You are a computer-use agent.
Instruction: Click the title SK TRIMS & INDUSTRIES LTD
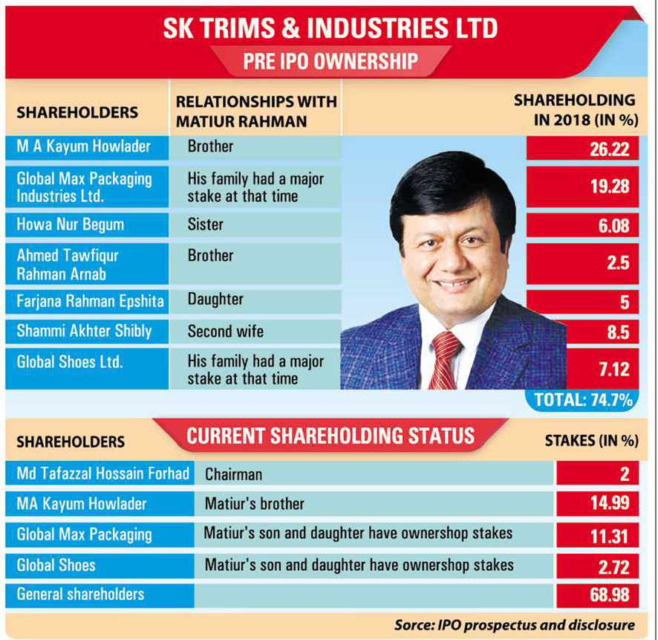click(x=330, y=28)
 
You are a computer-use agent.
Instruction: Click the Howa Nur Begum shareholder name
click(x=71, y=224)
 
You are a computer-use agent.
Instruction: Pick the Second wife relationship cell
click(x=220, y=331)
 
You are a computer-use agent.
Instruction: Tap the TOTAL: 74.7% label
click(x=583, y=400)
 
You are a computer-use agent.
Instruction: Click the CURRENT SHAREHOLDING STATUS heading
click(x=330, y=436)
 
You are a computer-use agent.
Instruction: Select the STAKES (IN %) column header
click(x=591, y=441)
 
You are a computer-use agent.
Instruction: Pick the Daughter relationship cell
click(x=215, y=300)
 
